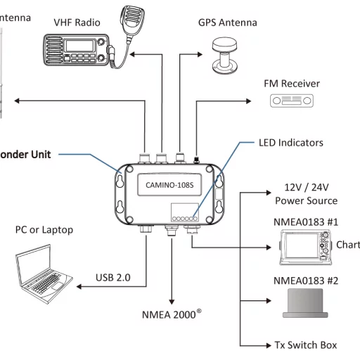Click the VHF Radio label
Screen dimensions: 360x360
click(77, 22)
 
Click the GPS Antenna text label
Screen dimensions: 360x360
click(228, 22)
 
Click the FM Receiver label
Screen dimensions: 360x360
click(291, 84)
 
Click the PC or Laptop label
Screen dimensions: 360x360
click(44, 230)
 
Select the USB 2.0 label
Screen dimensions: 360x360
click(112, 277)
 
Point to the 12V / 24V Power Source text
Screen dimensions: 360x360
click(306, 194)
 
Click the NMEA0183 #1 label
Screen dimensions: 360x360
click(305, 221)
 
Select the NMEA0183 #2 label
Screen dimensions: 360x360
click(305, 281)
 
